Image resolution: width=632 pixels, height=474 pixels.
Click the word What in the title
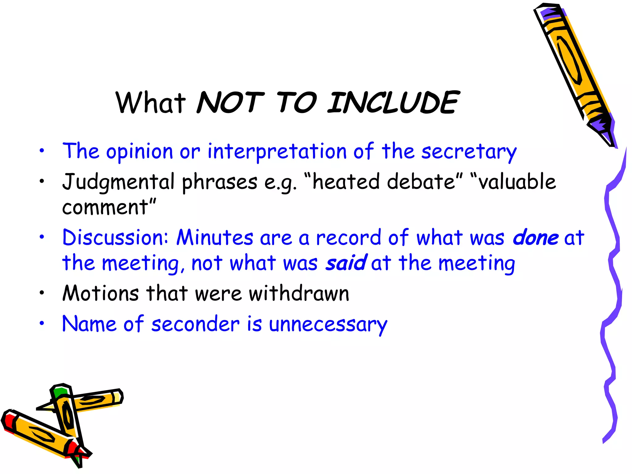[x=150, y=103]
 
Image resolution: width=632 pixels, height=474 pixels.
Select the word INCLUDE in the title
[x=393, y=103]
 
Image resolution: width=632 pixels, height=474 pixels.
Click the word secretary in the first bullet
[x=469, y=152]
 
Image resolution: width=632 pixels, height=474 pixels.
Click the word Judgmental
[x=118, y=182]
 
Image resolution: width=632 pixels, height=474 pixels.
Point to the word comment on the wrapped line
[x=105, y=207]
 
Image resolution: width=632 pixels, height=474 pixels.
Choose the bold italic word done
[x=535, y=238]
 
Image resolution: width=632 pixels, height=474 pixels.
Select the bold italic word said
[x=346, y=263]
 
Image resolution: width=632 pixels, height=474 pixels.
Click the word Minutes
[x=215, y=238]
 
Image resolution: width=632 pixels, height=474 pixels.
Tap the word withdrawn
[x=299, y=293]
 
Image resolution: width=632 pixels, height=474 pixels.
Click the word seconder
[x=195, y=324]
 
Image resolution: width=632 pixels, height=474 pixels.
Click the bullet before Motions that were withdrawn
[x=42, y=293]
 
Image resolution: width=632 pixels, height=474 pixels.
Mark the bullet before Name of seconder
[x=42, y=324]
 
